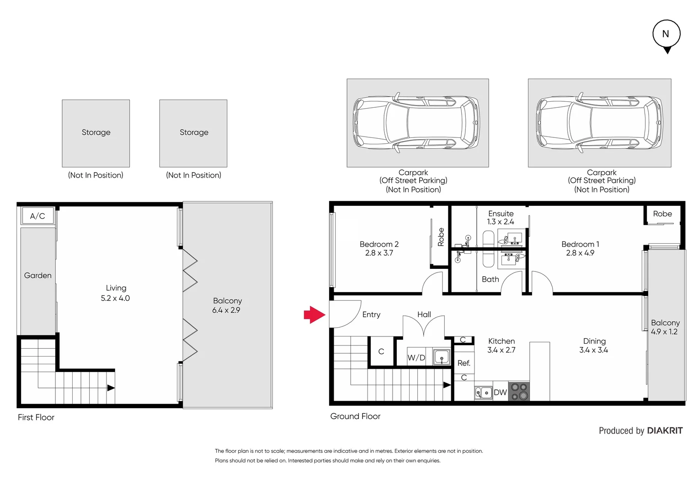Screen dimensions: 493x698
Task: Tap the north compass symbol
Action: click(666, 35)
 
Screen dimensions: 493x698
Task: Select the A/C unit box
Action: click(37, 216)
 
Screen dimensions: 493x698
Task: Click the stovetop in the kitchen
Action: click(519, 392)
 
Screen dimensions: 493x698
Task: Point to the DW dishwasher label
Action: click(500, 393)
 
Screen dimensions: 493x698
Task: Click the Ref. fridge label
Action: click(464, 363)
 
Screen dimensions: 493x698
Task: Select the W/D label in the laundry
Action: click(416, 357)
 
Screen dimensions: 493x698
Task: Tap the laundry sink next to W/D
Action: click(441, 357)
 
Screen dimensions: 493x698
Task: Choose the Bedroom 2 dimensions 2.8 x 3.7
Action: click(379, 253)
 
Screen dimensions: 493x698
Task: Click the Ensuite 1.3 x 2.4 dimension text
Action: click(501, 222)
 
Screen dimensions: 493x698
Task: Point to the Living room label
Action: click(116, 288)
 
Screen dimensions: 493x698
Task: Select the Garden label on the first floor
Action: click(37, 275)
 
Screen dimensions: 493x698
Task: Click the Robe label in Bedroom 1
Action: click(662, 214)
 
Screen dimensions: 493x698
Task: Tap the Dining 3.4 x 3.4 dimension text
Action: click(593, 350)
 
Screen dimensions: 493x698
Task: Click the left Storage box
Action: click(96, 133)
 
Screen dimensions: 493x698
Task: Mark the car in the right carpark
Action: click(599, 122)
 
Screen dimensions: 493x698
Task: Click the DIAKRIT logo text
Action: click(665, 430)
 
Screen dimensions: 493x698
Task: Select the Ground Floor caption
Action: click(355, 416)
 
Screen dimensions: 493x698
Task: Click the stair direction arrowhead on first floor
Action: click(111, 388)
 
